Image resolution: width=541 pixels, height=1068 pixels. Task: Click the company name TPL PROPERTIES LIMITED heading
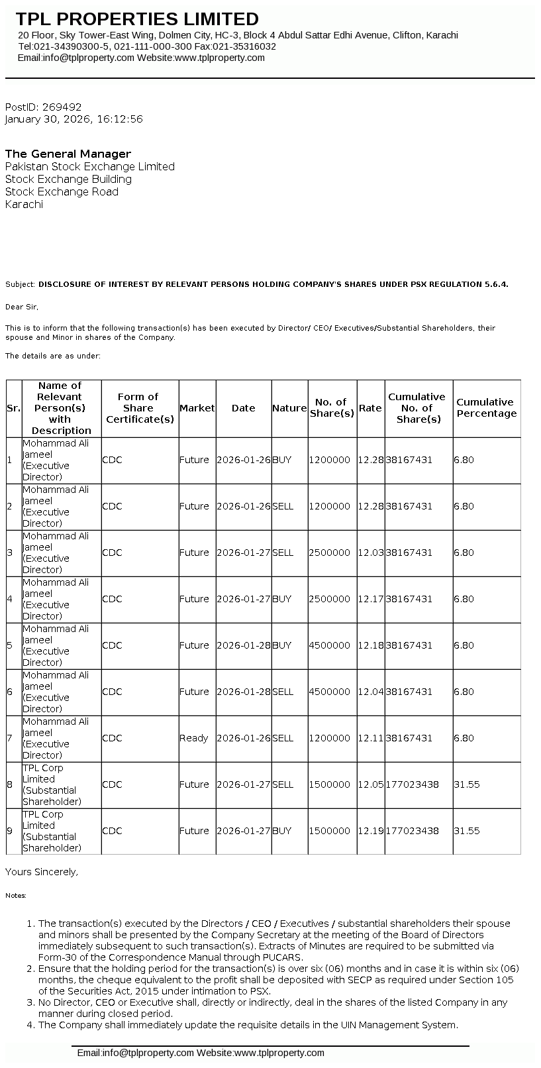[137, 19]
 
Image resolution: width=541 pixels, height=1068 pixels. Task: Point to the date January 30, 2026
[48, 119]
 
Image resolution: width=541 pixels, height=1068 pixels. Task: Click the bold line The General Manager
[68, 154]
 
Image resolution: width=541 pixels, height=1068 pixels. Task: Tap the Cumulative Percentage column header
[486, 407]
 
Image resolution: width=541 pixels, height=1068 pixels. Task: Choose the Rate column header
[370, 408]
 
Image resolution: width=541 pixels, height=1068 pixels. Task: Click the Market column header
[197, 408]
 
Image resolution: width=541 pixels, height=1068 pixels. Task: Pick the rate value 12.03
[370, 553]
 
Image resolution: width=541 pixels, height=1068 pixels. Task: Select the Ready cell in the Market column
[193, 738]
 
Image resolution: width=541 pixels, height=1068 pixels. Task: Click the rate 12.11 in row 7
[370, 738]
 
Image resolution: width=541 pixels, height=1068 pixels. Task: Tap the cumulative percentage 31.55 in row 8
[466, 784]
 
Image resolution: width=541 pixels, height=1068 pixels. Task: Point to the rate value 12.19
[370, 831]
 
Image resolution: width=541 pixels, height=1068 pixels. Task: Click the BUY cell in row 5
[281, 645]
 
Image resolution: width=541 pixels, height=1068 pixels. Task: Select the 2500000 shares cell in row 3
[329, 553]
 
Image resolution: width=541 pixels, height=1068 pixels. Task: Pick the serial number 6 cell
[10, 692]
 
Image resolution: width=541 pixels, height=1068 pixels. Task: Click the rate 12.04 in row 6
[370, 692]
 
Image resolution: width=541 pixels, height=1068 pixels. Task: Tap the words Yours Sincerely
[41, 872]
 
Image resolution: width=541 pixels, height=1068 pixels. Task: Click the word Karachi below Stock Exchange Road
[24, 204]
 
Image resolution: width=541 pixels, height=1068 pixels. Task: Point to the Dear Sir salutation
[22, 307]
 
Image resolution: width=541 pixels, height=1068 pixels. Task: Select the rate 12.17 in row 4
[370, 599]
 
